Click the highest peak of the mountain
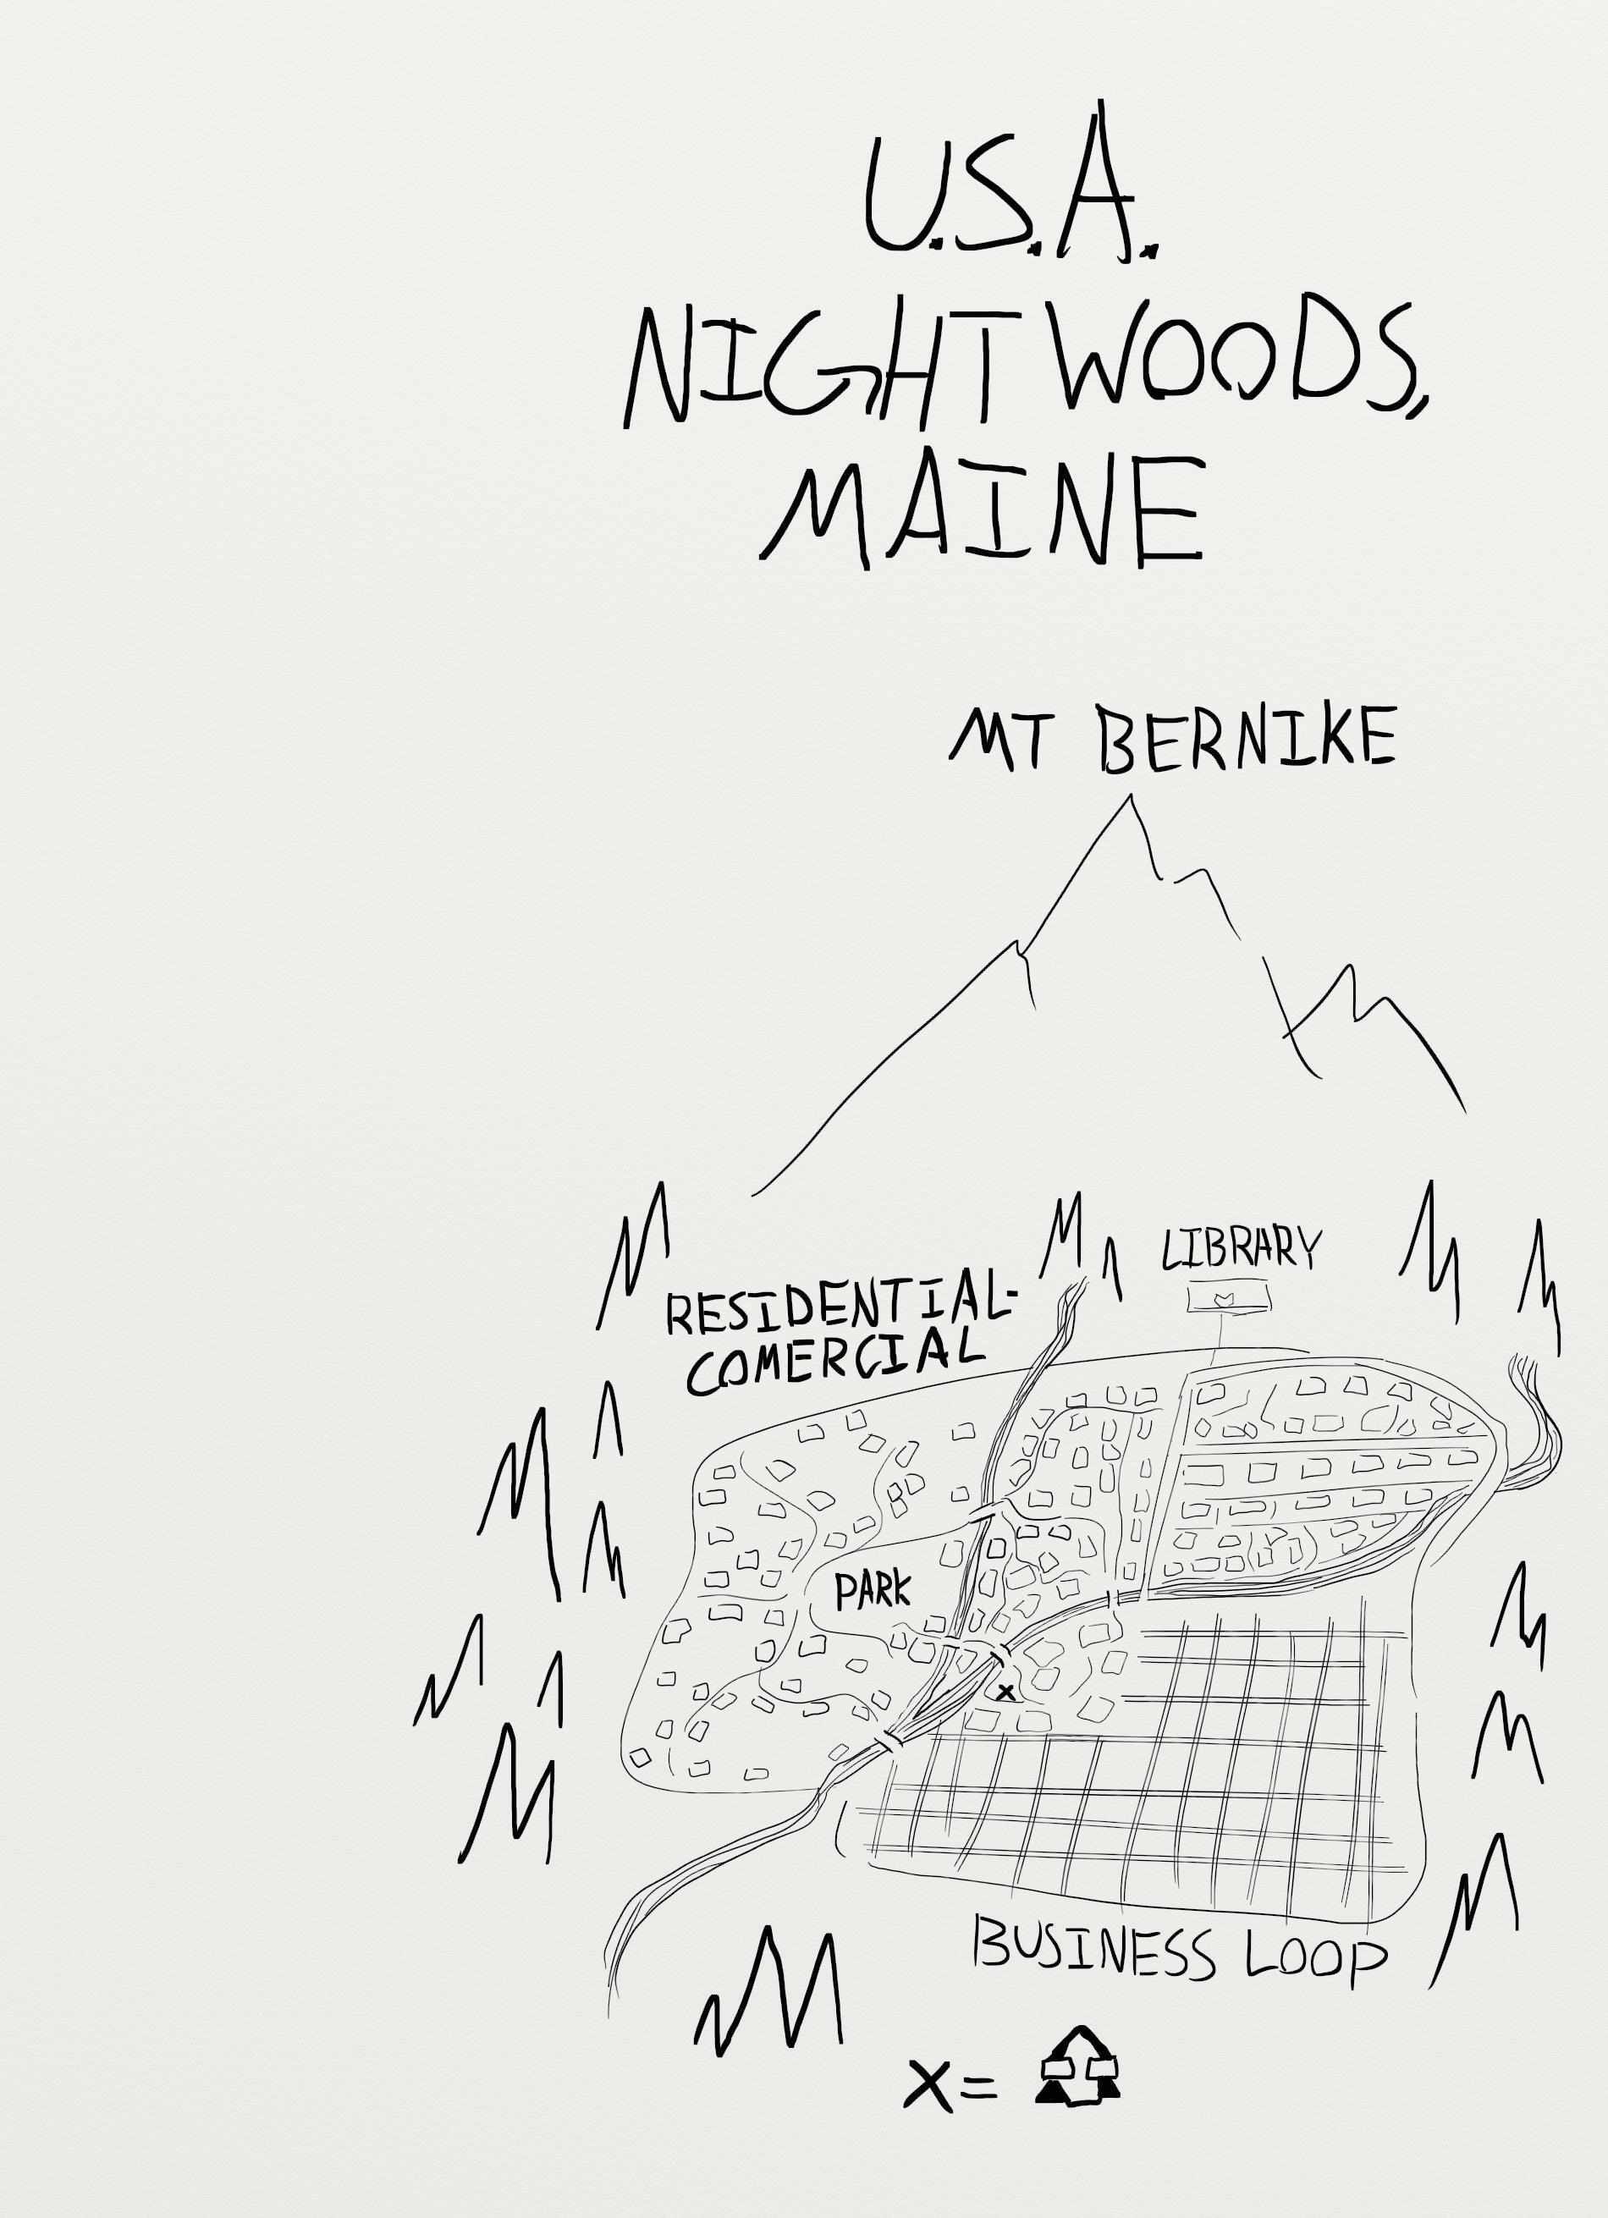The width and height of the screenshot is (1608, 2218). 1132,800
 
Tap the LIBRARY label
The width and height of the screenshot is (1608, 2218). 1239,1250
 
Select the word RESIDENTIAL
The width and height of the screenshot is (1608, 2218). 831,1312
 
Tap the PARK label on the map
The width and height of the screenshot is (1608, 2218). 872,1592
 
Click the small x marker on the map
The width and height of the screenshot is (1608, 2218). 1005,1691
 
